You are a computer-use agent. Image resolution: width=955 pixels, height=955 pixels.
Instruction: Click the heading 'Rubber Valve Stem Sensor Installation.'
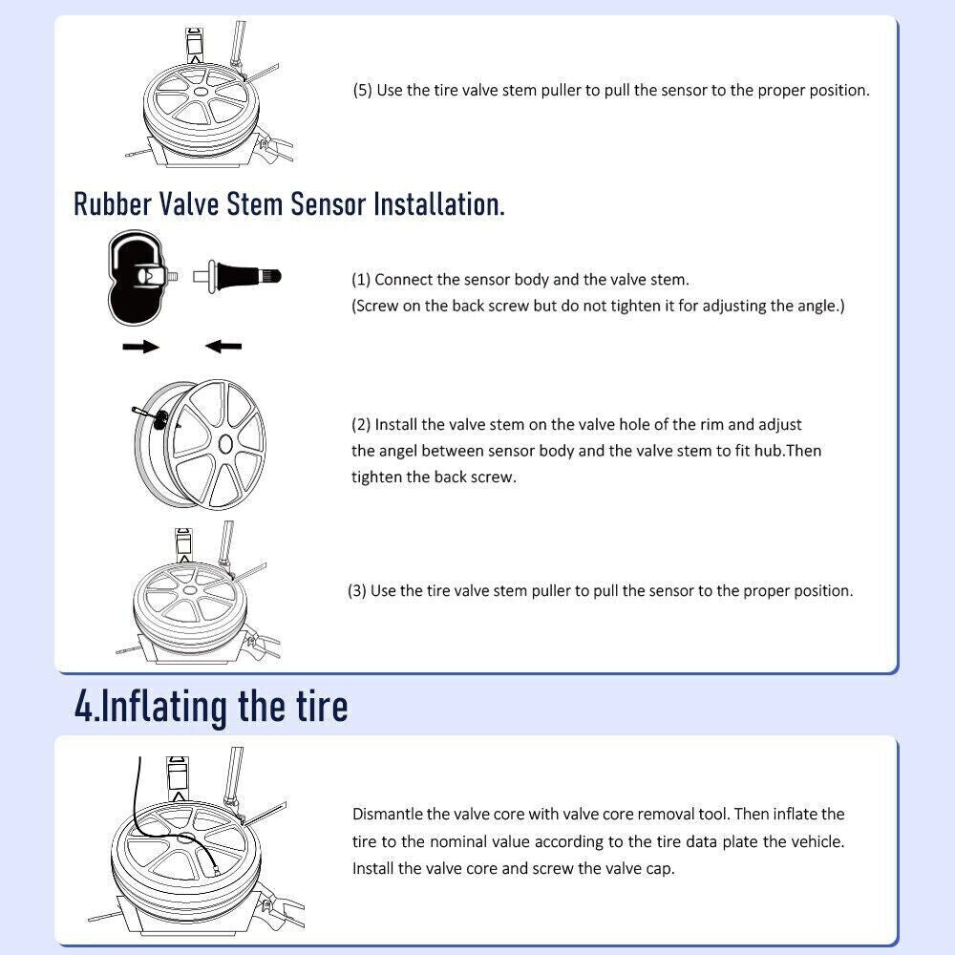(288, 203)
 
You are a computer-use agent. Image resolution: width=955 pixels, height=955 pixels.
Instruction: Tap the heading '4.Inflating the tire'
(211, 707)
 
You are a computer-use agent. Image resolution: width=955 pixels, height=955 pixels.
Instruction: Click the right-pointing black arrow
(140, 348)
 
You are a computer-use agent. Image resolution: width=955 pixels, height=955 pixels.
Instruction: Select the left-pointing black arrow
(223, 347)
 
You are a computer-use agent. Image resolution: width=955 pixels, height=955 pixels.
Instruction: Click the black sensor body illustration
(136, 277)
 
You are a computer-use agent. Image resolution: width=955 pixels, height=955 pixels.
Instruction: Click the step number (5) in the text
(362, 90)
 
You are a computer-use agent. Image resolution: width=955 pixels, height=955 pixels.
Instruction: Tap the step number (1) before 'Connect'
(361, 280)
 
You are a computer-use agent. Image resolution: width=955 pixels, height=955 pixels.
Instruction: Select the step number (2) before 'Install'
(361, 425)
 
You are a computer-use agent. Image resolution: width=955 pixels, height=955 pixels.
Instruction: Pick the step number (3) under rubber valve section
(357, 591)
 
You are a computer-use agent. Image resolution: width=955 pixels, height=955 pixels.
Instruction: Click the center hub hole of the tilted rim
(224, 445)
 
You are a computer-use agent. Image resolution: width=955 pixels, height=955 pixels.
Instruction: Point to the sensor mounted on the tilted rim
(161, 419)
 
